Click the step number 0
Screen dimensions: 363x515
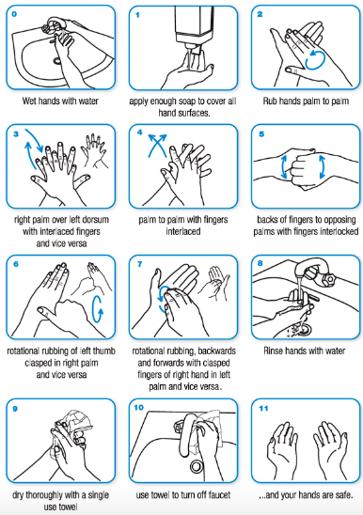[x=14, y=14]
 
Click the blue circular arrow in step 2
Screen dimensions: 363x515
[x=315, y=59]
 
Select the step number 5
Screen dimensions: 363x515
[x=261, y=134]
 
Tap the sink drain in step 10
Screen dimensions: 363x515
[x=197, y=465]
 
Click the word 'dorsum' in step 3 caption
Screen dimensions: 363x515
[x=96, y=220]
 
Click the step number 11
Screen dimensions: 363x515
[x=263, y=408]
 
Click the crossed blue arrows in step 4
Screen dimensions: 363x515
[x=157, y=145]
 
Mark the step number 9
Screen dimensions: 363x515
[x=15, y=409]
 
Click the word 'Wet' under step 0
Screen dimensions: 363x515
[x=28, y=101]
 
